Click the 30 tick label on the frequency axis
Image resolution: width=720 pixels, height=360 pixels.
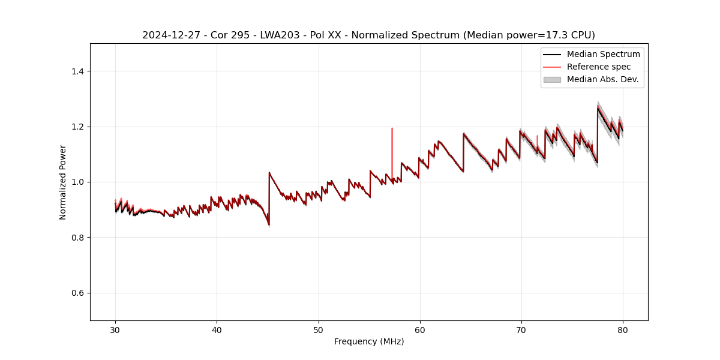pyautogui.click(x=115, y=329)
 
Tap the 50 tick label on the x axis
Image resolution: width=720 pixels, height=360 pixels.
pyautogui.click(x=319, y=329)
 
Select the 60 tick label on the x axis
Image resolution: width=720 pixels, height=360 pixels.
pyautogui.click(x=420, y=329)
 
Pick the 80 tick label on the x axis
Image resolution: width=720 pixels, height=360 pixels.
pyautogui.click(x=623, y=329)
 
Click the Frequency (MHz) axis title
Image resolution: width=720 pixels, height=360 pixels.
pyautogui.click(x=369, y=341)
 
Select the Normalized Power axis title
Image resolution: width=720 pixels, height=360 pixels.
pyautogui.click(x=63, y=182)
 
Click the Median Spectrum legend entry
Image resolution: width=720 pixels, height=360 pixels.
pyautogui.click(x=603, y=54)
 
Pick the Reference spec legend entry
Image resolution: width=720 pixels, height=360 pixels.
pyautogui.click(x=598, y=67)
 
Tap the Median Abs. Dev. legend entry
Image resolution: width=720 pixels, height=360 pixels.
pyautogui.click(x=602, y=79)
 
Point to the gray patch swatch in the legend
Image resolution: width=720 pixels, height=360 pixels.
pyautogui.click(x=552, y=79)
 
